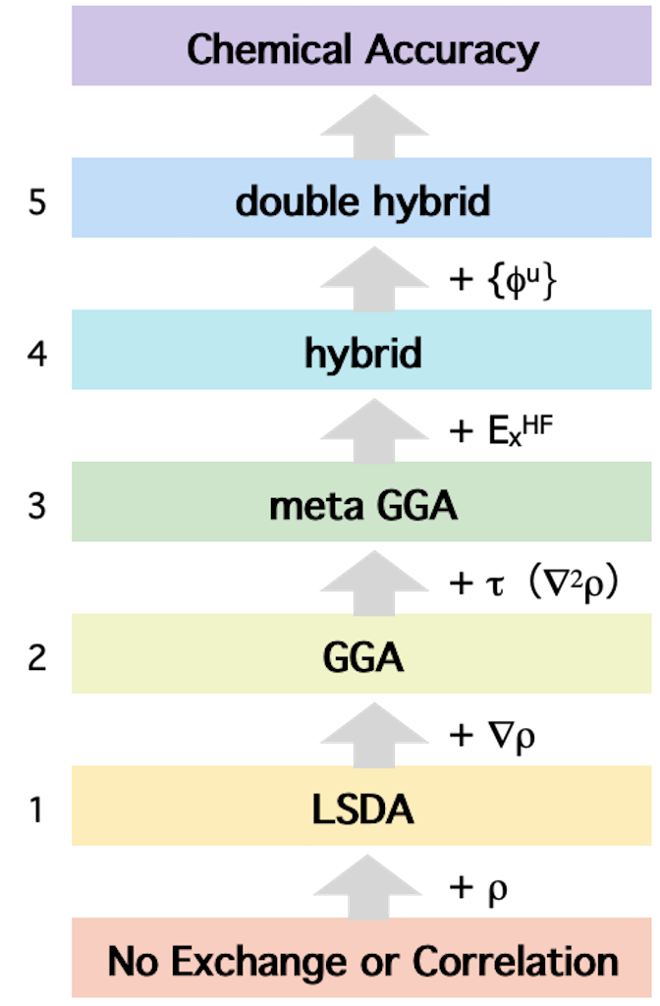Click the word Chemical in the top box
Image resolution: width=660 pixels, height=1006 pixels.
268,49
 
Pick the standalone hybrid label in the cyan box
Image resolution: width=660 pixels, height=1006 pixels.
362,354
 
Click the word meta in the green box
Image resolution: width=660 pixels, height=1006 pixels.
313,507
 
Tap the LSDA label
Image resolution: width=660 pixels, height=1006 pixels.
362,810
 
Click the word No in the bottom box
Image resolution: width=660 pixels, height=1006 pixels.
134,961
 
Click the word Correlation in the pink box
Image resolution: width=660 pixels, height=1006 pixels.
516,961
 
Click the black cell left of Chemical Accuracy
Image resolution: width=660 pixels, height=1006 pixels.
36,45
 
